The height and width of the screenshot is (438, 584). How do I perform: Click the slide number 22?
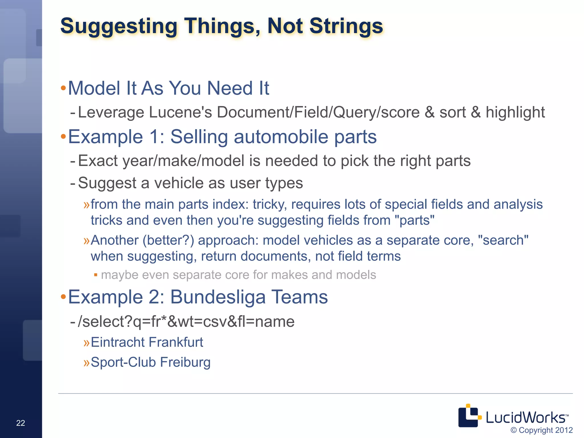coord(21,423)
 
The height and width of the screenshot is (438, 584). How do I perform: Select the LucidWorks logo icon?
coord(469,416)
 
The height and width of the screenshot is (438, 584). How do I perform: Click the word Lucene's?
coord(180,112)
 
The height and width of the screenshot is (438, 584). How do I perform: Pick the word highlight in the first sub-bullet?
coord(515,112)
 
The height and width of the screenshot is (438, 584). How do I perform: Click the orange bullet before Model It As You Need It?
coord(63,88)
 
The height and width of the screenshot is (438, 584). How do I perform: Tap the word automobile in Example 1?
coord(281,137)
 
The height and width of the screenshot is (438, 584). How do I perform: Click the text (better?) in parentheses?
coord(168,240)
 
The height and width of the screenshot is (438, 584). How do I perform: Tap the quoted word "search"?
coord(503,240)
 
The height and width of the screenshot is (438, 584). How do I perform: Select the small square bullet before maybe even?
coord(96,275)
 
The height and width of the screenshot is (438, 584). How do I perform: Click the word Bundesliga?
coord(218,297)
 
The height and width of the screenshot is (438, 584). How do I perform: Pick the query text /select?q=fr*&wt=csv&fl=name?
coord(186,322)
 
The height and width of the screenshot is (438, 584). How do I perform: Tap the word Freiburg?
coord(185,362)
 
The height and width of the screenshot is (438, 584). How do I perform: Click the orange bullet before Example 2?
coord(63,297)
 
